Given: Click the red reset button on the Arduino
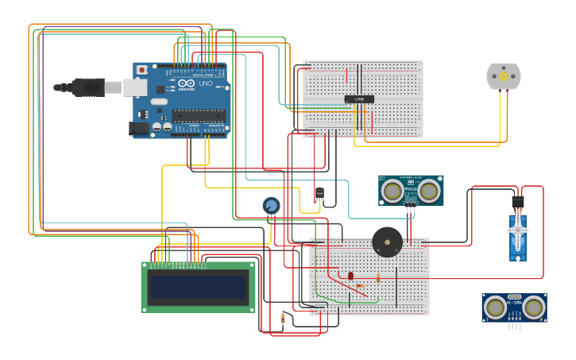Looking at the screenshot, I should [x=141, y=70].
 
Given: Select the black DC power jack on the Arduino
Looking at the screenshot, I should [x=140, y=127].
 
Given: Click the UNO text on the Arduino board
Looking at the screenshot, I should [x=205, y=83].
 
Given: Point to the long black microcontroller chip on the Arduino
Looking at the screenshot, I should [x=198, y=115].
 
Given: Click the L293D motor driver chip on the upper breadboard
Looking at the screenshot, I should [x=359, y=99].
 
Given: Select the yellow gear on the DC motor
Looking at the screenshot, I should [x=503, y=76].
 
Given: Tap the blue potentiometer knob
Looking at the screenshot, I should [x=271, y=205].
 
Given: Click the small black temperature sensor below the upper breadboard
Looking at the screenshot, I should [x=319, y=193].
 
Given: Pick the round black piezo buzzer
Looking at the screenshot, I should [x=387, y=241].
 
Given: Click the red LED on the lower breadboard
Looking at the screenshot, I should [x=350, y=275].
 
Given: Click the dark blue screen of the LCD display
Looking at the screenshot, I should [x=199, y=287].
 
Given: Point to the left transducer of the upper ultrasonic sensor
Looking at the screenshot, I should [x=391, y=191].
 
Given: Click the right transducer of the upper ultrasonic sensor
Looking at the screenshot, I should [x=429, y=191].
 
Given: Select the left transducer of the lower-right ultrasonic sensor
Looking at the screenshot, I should [x=496, y=308].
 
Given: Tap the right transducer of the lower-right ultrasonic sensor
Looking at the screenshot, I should [x=534, y=308].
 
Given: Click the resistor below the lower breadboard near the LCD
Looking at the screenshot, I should [x=283, y=319].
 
